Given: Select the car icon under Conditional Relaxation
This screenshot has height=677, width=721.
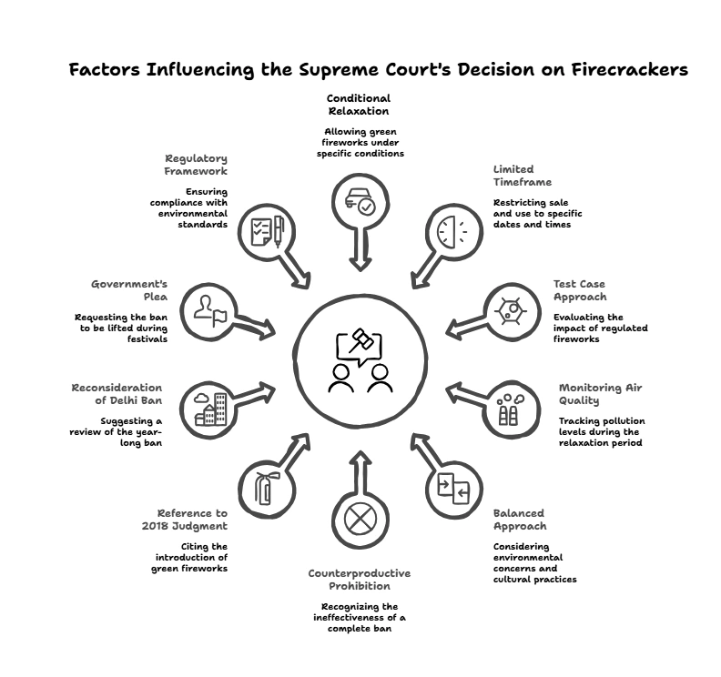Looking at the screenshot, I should pyautogui.click(x=360, y=202).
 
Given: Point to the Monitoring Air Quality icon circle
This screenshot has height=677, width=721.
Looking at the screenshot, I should pyautogui.click(x=508, y=406).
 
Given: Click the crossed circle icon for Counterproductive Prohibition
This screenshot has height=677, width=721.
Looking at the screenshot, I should pyautogui.click(x=360, y=520).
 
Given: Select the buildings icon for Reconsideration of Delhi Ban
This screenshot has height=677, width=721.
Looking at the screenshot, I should pyautogui.click(x=209, y=407).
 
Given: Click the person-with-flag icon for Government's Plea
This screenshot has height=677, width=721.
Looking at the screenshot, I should pyautogui.click(x=209, y=310).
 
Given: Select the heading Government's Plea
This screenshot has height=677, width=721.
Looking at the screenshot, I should pyautogui.click(x=129, y=290).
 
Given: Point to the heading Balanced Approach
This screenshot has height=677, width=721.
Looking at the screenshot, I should pyautogui.click(x=520, y=520).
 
